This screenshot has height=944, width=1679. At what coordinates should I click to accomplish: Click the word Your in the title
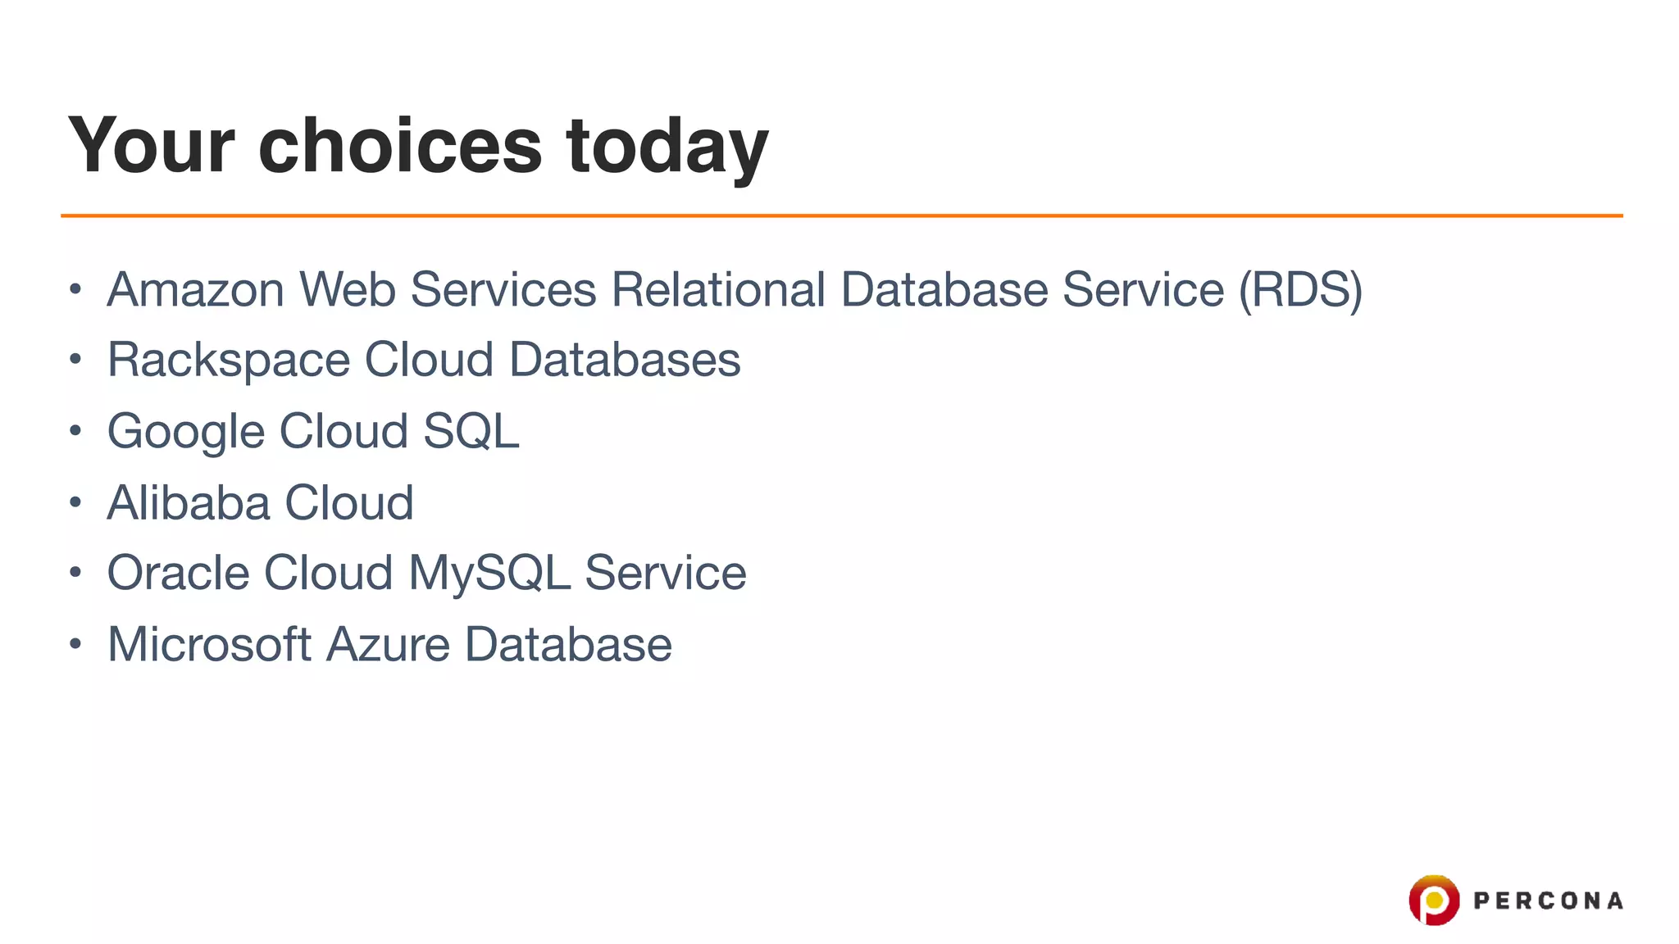tap(152, 146)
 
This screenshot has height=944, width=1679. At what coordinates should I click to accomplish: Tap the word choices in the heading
tap(400, 146)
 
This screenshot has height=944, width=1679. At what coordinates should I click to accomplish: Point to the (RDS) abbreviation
tap(1300, 290)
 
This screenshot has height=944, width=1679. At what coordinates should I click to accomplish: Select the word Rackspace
tap(229, 361)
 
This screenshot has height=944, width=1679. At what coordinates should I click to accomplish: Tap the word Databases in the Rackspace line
tap(625, 360)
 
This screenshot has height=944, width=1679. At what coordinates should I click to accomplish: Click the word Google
tap(186, 432)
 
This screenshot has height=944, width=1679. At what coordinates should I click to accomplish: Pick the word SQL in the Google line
tap(471, 431)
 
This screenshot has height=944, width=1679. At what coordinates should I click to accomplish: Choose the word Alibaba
tap(188, 502)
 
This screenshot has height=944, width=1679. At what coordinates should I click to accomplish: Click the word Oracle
tap(178, 573)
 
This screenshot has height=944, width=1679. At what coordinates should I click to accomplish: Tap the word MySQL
tap(489, 574)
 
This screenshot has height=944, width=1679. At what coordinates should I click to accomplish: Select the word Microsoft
tap(209, 644)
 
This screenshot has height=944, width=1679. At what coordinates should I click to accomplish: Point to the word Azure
tap(388, 644)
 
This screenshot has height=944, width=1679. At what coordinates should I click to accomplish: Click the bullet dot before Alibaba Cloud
tap(75, 501)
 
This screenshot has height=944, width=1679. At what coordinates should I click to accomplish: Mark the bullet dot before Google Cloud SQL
tap(75, 430)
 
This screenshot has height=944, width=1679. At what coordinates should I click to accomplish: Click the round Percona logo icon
tap(1433, 900)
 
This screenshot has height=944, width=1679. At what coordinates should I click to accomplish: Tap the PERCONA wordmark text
tap(1548, 901)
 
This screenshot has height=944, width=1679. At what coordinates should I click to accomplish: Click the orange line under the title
tap(841, 216)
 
